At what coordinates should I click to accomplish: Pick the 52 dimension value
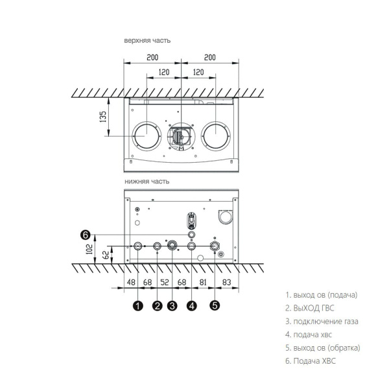(x=164, y=283)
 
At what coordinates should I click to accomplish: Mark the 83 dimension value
(x=228, y=283)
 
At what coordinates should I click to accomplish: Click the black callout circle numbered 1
(x=137, y=306)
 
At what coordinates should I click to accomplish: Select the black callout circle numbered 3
(x=172, y=306)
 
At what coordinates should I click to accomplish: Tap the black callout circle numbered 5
(x=215, y=306)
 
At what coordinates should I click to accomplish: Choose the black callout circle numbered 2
(x=157, y=306)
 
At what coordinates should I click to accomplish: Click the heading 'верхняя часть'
(x=148, y=41)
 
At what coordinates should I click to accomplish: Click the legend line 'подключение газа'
(x=322, y=322)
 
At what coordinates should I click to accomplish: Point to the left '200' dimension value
(x=152, y=58)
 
